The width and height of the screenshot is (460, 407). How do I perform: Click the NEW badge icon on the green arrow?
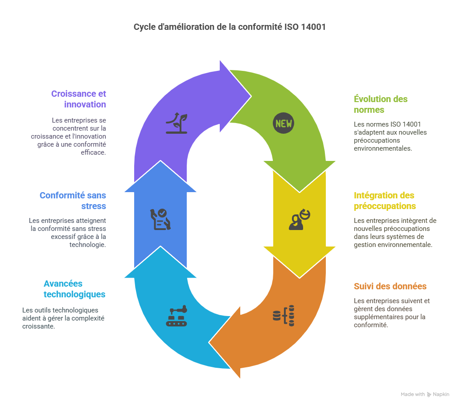(x=283, y=123)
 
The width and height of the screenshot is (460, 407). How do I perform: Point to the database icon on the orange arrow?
(x=283, y=316)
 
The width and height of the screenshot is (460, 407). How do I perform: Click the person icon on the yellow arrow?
(x=299, y=219)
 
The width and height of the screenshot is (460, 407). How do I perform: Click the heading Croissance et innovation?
(x=79, y=99)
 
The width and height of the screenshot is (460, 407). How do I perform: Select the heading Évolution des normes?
(x=381, y=104)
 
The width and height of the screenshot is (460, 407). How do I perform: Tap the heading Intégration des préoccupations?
(x=384, y=201)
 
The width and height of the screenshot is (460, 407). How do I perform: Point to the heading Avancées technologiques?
(x=74, y=289)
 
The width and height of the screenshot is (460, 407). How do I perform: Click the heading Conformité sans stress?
(x=73, y=201)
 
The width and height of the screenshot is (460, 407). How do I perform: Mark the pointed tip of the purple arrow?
(x=251, y=95)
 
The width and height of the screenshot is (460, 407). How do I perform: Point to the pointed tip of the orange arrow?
(x=209, y=343)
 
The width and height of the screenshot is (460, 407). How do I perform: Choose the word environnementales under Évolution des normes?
(x=382, y=148)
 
